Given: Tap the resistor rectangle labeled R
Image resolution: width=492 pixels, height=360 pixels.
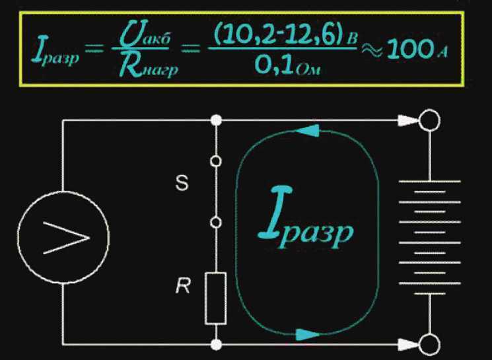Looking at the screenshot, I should [x=216, y=297].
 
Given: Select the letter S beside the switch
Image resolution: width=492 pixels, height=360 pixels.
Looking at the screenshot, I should [x=185, y=184].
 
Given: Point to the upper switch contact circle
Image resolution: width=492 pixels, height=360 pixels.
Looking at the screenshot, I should [x=216, y=161].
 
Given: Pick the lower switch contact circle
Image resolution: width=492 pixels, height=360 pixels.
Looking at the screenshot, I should [x=216, y=223].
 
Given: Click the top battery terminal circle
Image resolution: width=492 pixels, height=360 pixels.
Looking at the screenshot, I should [x=430, y=121].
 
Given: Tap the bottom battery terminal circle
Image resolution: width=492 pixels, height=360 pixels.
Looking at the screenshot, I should [x=430, y=343].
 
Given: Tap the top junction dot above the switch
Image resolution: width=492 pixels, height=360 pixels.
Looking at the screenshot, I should [x=216, y=121].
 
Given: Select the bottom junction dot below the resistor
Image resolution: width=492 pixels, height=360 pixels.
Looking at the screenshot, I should [x=216, y=344].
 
